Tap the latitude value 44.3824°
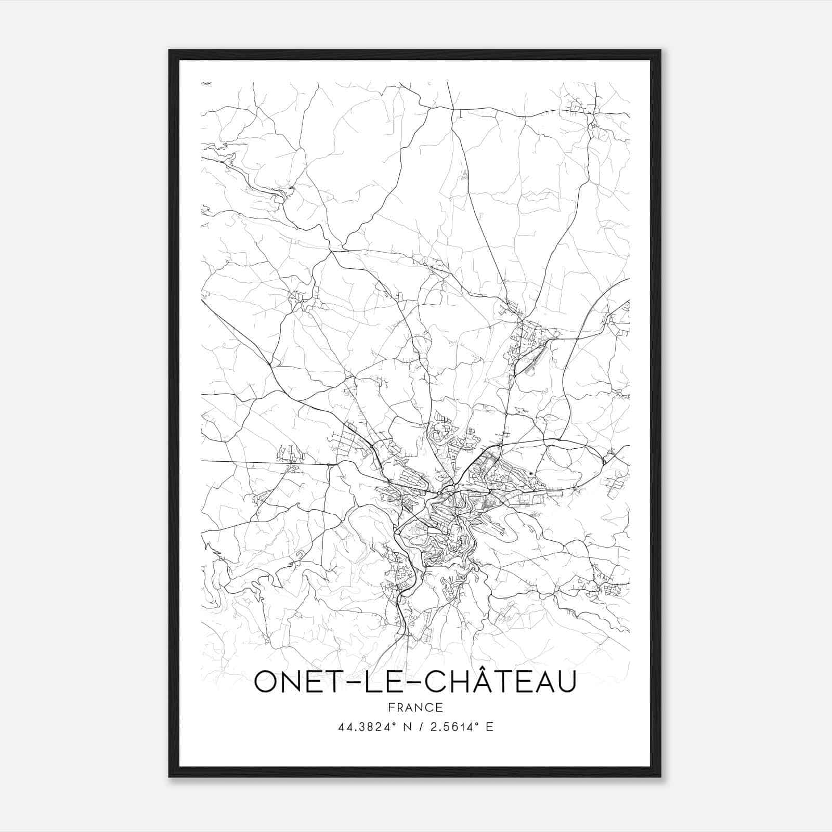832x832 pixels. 364,727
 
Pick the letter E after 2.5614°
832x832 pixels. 489,727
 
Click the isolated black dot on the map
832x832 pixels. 530,473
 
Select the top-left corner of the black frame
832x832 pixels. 170,50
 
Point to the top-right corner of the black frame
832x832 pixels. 660,50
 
